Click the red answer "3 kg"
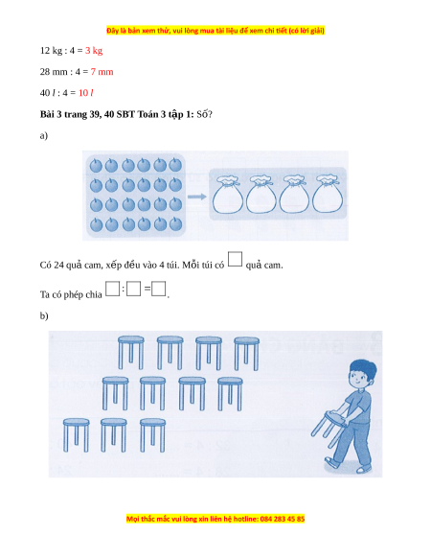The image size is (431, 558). point(94,51)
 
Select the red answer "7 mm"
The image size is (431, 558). point(102,72)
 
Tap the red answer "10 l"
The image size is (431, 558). point(85,93)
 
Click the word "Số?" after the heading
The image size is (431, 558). point(204,114)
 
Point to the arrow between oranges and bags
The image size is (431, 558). point(197,197)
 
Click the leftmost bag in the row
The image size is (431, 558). point(228,195)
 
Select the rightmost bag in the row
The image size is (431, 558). point(328,194)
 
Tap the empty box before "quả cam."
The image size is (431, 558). point(235,259)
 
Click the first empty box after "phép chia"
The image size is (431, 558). point(113,289)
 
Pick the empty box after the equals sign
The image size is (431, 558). point(159,289)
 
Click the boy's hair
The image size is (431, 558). point(363,368)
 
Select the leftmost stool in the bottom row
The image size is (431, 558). point(76,435)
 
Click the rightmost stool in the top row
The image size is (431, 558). point(246,354)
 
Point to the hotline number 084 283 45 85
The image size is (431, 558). point(283,519)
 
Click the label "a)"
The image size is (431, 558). point(44,135)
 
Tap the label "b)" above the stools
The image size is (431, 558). point(44,315)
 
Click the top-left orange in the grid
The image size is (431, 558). point(96,166)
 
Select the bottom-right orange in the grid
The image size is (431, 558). point(175,223)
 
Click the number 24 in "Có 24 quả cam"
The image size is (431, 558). point(58,266)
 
